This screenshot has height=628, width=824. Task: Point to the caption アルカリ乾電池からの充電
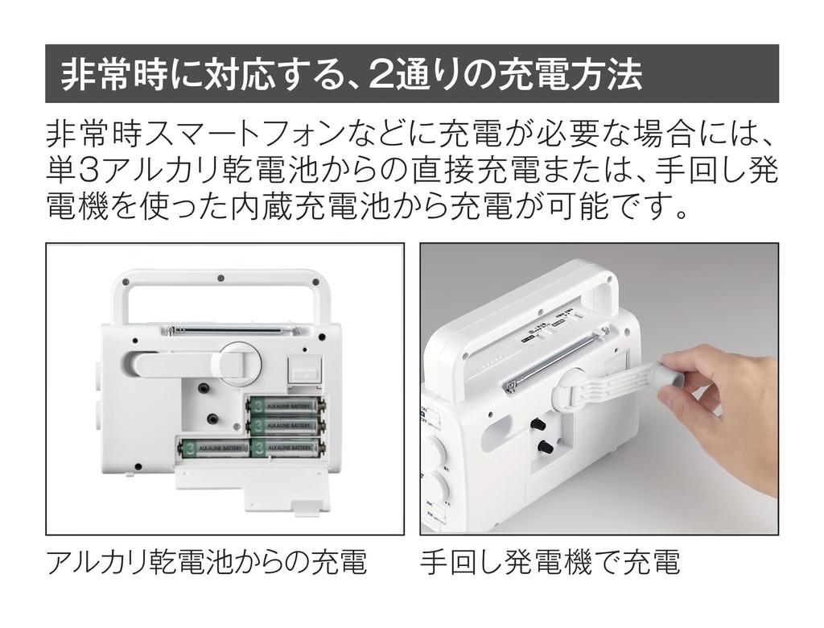coord(206,562)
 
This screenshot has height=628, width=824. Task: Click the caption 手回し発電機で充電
coord(550,562)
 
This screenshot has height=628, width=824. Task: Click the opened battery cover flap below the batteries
coord(252,483)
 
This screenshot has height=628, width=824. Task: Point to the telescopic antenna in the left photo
coord(234,331)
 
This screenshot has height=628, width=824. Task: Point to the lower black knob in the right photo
coord(545,447)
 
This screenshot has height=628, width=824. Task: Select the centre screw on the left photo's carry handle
coord(221,277)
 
